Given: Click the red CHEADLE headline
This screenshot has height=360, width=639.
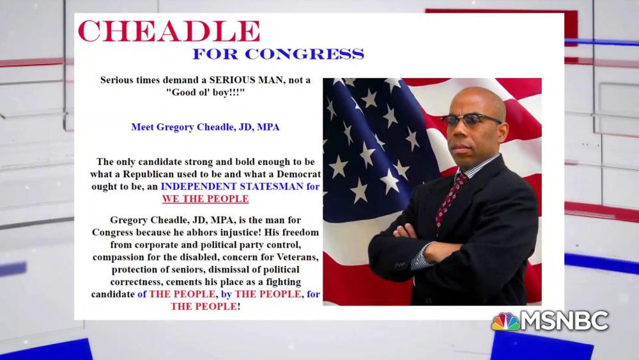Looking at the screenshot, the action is click(169, 31).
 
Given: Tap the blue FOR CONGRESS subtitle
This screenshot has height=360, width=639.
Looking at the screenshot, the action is click(279, 54).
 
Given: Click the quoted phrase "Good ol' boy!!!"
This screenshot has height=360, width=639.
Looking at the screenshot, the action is click(205, 92).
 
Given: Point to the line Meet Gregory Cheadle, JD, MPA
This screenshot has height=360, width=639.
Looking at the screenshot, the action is click(205, 127).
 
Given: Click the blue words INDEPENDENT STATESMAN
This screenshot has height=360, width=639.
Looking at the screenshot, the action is click(232, 186).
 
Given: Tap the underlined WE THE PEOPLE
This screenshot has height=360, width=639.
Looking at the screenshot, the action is click(205, 199).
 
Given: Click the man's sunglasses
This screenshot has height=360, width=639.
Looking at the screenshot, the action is click(470, 120).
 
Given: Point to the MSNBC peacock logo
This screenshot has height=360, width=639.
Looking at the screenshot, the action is click(505, 322).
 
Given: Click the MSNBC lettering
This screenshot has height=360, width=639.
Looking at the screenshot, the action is click(565, 321).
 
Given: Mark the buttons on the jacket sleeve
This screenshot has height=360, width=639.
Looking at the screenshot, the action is click(401, 265).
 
